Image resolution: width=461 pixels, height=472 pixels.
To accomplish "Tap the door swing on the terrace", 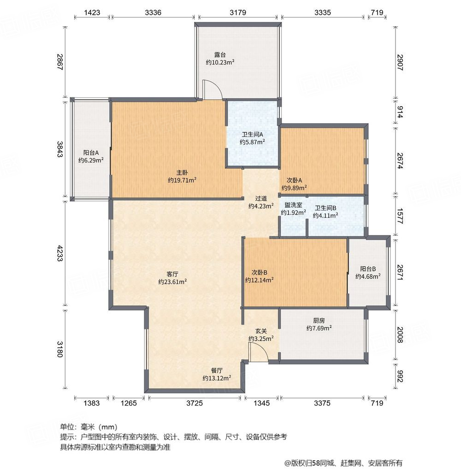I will click(213, 90).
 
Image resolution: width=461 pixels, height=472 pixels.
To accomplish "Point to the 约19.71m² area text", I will click(182, 180).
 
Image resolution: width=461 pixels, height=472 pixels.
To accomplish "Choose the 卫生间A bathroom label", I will click(252, 135).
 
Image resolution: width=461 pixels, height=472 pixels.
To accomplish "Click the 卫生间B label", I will click(325, 208).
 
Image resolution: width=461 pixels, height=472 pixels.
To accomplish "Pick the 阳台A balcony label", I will click(91, 153).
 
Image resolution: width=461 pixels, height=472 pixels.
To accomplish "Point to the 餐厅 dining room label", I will click(217, 370).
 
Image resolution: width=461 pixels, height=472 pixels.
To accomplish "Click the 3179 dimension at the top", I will click(238, 12).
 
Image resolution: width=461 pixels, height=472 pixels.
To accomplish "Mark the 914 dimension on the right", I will click(400, 111).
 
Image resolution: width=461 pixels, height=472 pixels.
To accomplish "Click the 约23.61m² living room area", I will click(172, 281).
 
